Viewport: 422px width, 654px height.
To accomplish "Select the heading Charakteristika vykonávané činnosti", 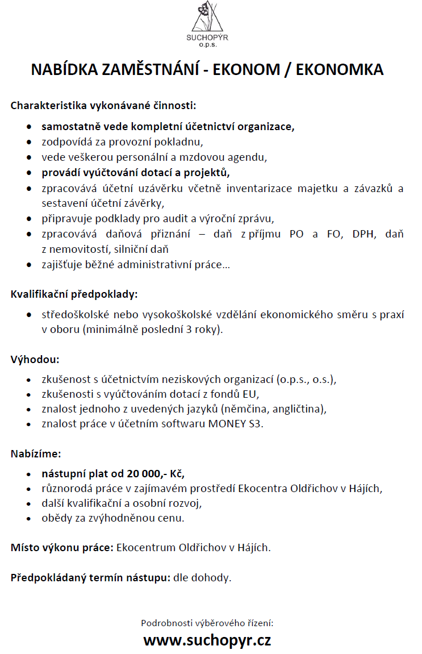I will pyautogui.click(x=103, y=105).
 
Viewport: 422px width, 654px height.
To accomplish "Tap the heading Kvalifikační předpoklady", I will pyautogui.click(x=74, y=294).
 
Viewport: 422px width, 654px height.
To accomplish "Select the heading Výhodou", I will pyautogui.click(x=35, y=360).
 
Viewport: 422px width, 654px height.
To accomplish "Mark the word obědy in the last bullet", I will pyautogui.click(x=55, y=518).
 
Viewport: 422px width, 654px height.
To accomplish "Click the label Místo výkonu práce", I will pyautogui.click(x=62, y=548).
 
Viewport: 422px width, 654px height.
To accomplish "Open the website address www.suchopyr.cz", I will pyautogui.click(x=207, y=640).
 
